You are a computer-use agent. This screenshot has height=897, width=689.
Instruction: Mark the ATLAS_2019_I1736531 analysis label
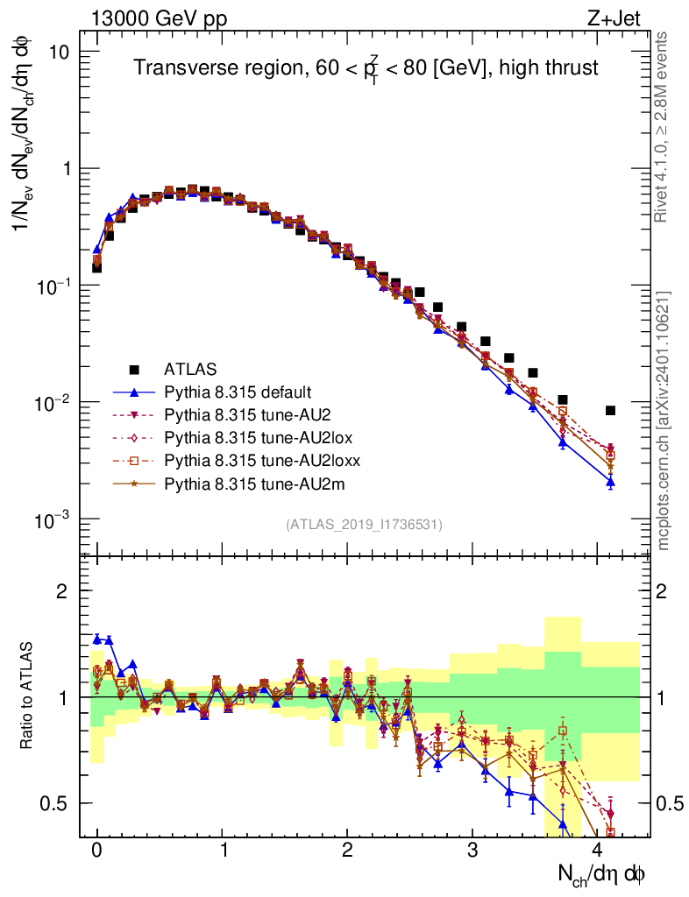[364, 525]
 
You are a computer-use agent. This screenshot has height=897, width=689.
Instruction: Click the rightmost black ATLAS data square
[610, 410]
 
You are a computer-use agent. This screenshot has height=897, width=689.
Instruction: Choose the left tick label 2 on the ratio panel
[62, 591]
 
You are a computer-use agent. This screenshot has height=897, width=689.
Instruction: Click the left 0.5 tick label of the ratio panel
[55, 803]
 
